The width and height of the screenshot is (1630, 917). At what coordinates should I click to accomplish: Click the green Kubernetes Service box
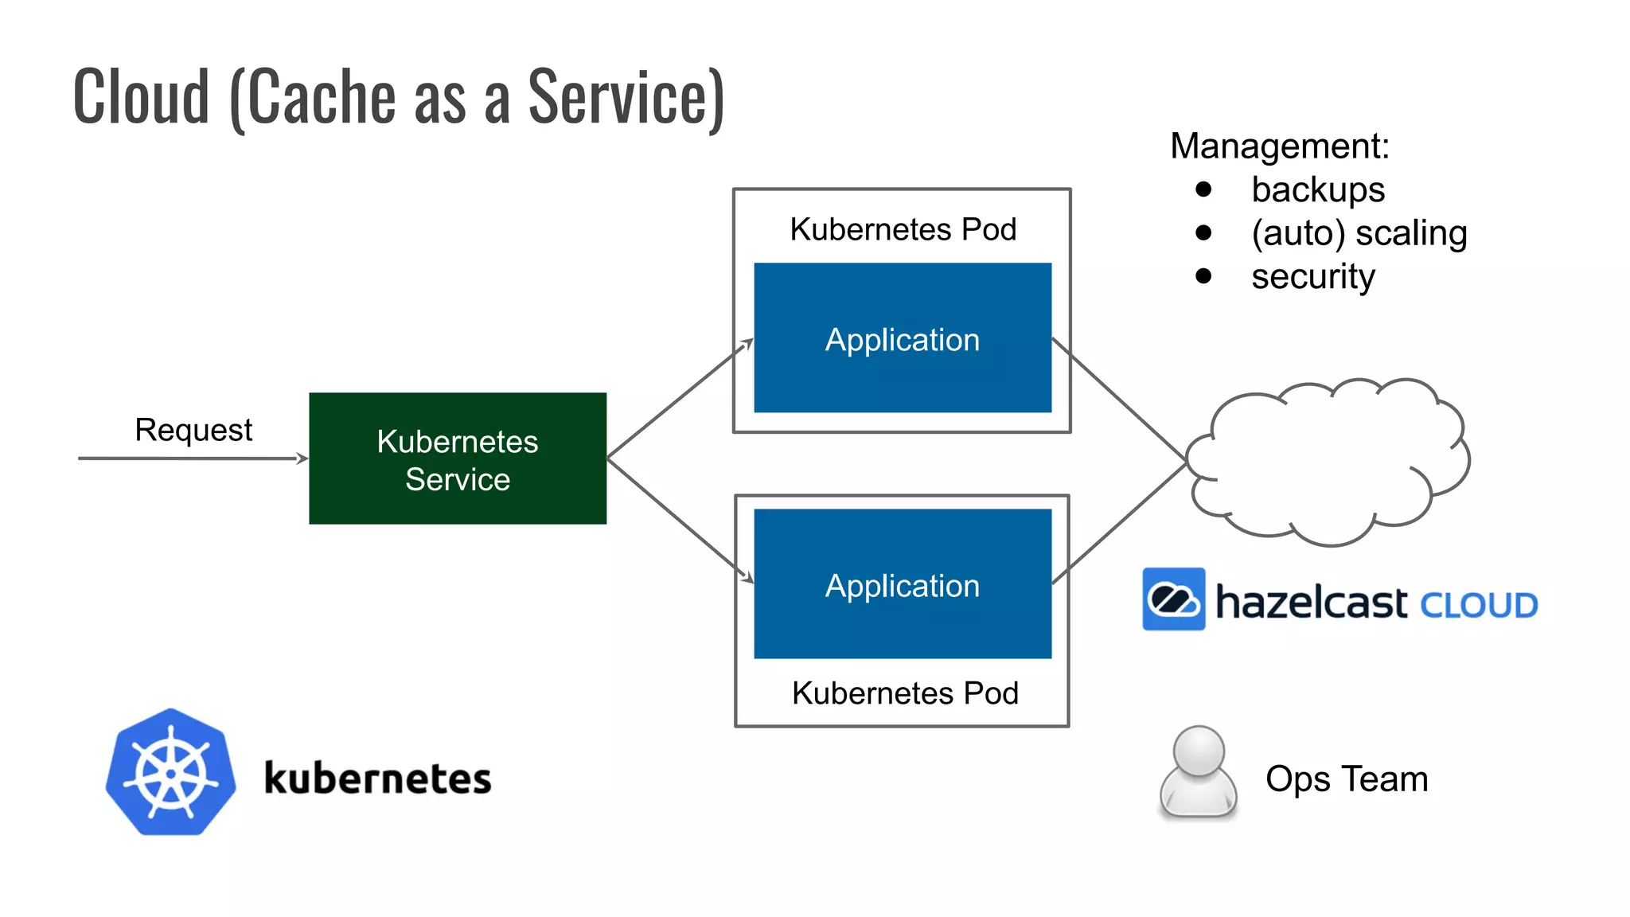point(457,458)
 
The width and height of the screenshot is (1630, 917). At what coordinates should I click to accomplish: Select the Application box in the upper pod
point(902,338)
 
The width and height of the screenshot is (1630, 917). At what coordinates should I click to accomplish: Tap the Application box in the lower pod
point(902,584)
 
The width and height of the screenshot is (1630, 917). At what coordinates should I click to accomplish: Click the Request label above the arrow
point(193,430)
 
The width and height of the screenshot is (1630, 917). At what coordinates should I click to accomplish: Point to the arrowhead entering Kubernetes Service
point(302,458)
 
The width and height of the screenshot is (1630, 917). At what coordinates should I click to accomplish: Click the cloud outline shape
point(1328,462)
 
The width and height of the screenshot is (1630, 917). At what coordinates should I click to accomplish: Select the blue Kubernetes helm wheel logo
point(170,772)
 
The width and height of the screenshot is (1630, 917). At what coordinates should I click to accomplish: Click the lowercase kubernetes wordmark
point(377,778)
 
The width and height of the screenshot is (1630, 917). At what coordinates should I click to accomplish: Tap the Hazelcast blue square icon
point(1173,599)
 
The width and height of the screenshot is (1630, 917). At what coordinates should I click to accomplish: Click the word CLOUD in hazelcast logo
point(1478,606)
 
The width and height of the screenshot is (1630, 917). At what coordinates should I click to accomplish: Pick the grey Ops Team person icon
point(1198,772)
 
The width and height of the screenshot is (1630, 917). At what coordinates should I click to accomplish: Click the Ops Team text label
point(1347,778)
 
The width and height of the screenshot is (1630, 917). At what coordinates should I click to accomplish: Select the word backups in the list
point(1318,190)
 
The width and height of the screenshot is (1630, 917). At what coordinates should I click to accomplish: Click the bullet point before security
point(1203,276)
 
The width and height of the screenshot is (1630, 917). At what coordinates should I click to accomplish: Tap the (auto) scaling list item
point(1359,233)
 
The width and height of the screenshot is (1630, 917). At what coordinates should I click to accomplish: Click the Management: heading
point(1279,146)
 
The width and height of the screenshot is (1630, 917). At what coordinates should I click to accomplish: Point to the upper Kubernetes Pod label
point(903,229)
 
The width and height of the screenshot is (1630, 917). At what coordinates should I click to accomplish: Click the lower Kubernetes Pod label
point(905,693)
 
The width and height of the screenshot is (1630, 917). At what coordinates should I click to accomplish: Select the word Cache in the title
point(322,97)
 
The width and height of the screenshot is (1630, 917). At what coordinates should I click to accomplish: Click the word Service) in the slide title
point(626,97)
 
